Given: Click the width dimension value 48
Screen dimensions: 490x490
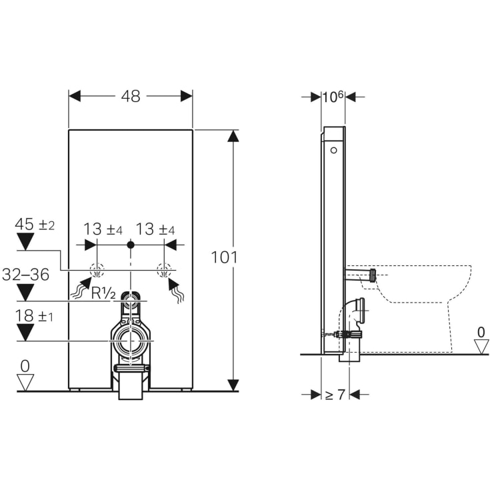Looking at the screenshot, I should point(131,96).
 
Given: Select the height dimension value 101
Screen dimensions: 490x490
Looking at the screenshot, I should point(224,257).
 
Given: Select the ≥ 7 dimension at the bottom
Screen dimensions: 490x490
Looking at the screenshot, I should point(335,395).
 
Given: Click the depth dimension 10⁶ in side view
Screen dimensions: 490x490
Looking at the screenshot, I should point(333,96).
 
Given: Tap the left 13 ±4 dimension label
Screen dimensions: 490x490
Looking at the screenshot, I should point(104,229).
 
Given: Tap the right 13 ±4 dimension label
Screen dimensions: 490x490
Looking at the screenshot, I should point(155,229).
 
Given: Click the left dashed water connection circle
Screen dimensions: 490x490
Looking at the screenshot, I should point(97,271).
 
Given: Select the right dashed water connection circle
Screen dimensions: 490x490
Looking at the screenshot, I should point(163,271).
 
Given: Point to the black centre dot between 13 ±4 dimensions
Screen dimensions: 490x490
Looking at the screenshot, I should point(131,245).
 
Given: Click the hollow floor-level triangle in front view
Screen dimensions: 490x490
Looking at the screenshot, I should point(25,383).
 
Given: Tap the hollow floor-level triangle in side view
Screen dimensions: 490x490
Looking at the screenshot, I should point(481,345).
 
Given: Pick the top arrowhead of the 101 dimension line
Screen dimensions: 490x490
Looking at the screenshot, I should point(233,136).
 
